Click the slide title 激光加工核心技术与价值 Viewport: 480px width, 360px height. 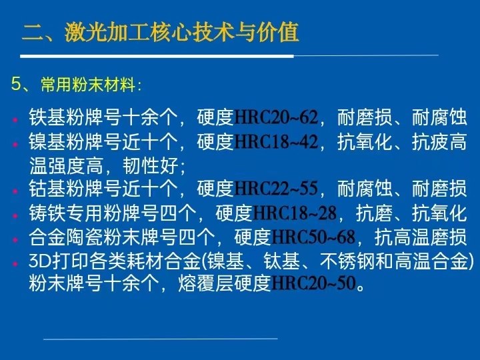tap(181, 33)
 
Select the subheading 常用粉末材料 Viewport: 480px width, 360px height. tap(88, 85)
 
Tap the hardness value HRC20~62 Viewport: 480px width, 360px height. tap(276, 117)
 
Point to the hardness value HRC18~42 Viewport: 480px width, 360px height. tap(276, 141)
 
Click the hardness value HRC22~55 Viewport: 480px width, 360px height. tap(276, 188)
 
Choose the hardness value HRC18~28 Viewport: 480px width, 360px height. tap(295, 213)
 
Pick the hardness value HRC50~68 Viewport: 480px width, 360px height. tap(313, 237)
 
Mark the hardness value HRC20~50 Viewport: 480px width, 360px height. tap(313, 283)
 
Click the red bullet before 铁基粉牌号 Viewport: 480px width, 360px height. tap(15, 120)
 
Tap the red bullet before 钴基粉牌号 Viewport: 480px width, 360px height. tap(15, 191)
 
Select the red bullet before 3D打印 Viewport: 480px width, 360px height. tap(15, 263)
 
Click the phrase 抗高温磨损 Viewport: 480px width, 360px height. tap(421, 237)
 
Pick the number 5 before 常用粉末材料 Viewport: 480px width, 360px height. tap(15, 84)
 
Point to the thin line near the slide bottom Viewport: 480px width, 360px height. tap(161, 339)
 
